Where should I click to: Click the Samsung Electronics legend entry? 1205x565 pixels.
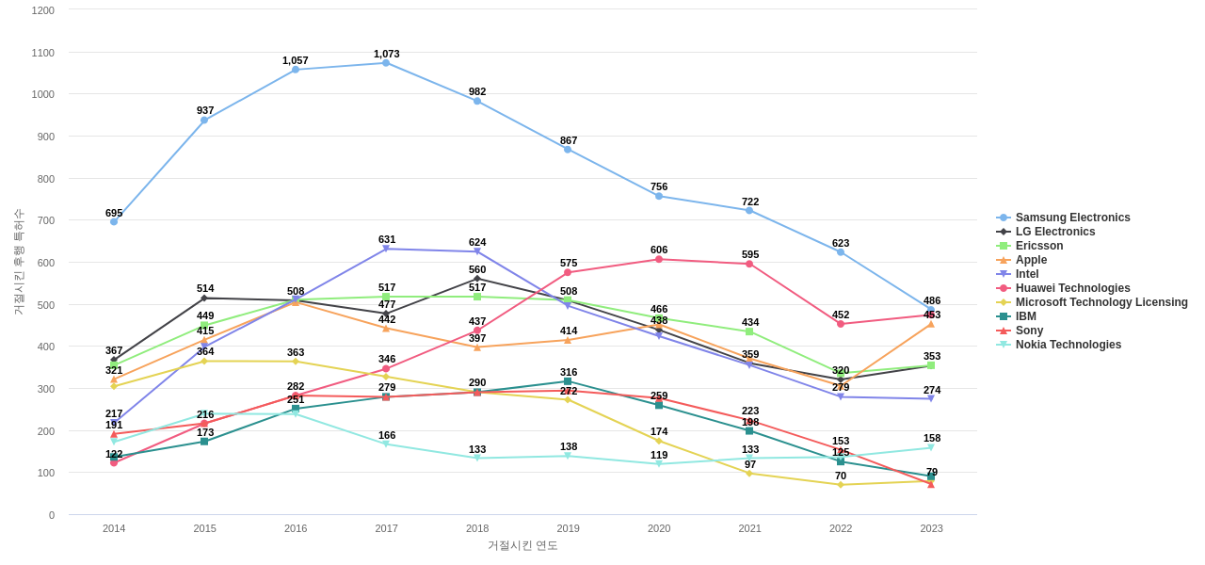[x=1071, y=218]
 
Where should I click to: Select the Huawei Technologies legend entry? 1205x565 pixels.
[x=1071, y=288]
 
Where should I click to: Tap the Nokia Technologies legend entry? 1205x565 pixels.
[x=1068, y=345]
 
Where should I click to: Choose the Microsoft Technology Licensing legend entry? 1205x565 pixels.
[x=1101, y=302]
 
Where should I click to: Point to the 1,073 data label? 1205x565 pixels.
[x=386, y=54]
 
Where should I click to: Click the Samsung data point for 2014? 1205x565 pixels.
[x=114, y=221]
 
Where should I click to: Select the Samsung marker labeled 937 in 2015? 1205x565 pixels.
[x=204, y=120]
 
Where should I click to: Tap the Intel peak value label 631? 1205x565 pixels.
[x=387, y=239]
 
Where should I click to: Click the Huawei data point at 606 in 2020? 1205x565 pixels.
[x=659, y=259]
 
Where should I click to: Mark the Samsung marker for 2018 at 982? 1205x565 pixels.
[x=477, y=101]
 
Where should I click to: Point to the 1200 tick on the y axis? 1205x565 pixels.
[x=43, y=10]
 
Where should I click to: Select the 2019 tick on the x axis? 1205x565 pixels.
[x=568, y=528]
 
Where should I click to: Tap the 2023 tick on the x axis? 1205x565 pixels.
[x=931, y=528]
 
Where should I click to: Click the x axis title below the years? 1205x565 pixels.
[x=522, y=545]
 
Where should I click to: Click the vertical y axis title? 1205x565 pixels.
[x=18, y=262]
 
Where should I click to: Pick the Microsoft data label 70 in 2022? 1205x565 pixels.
[x=841, y=476]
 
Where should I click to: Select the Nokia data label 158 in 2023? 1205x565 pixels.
[x=932, y=438]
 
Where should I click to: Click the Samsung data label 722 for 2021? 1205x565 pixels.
[x=750, y=202]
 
